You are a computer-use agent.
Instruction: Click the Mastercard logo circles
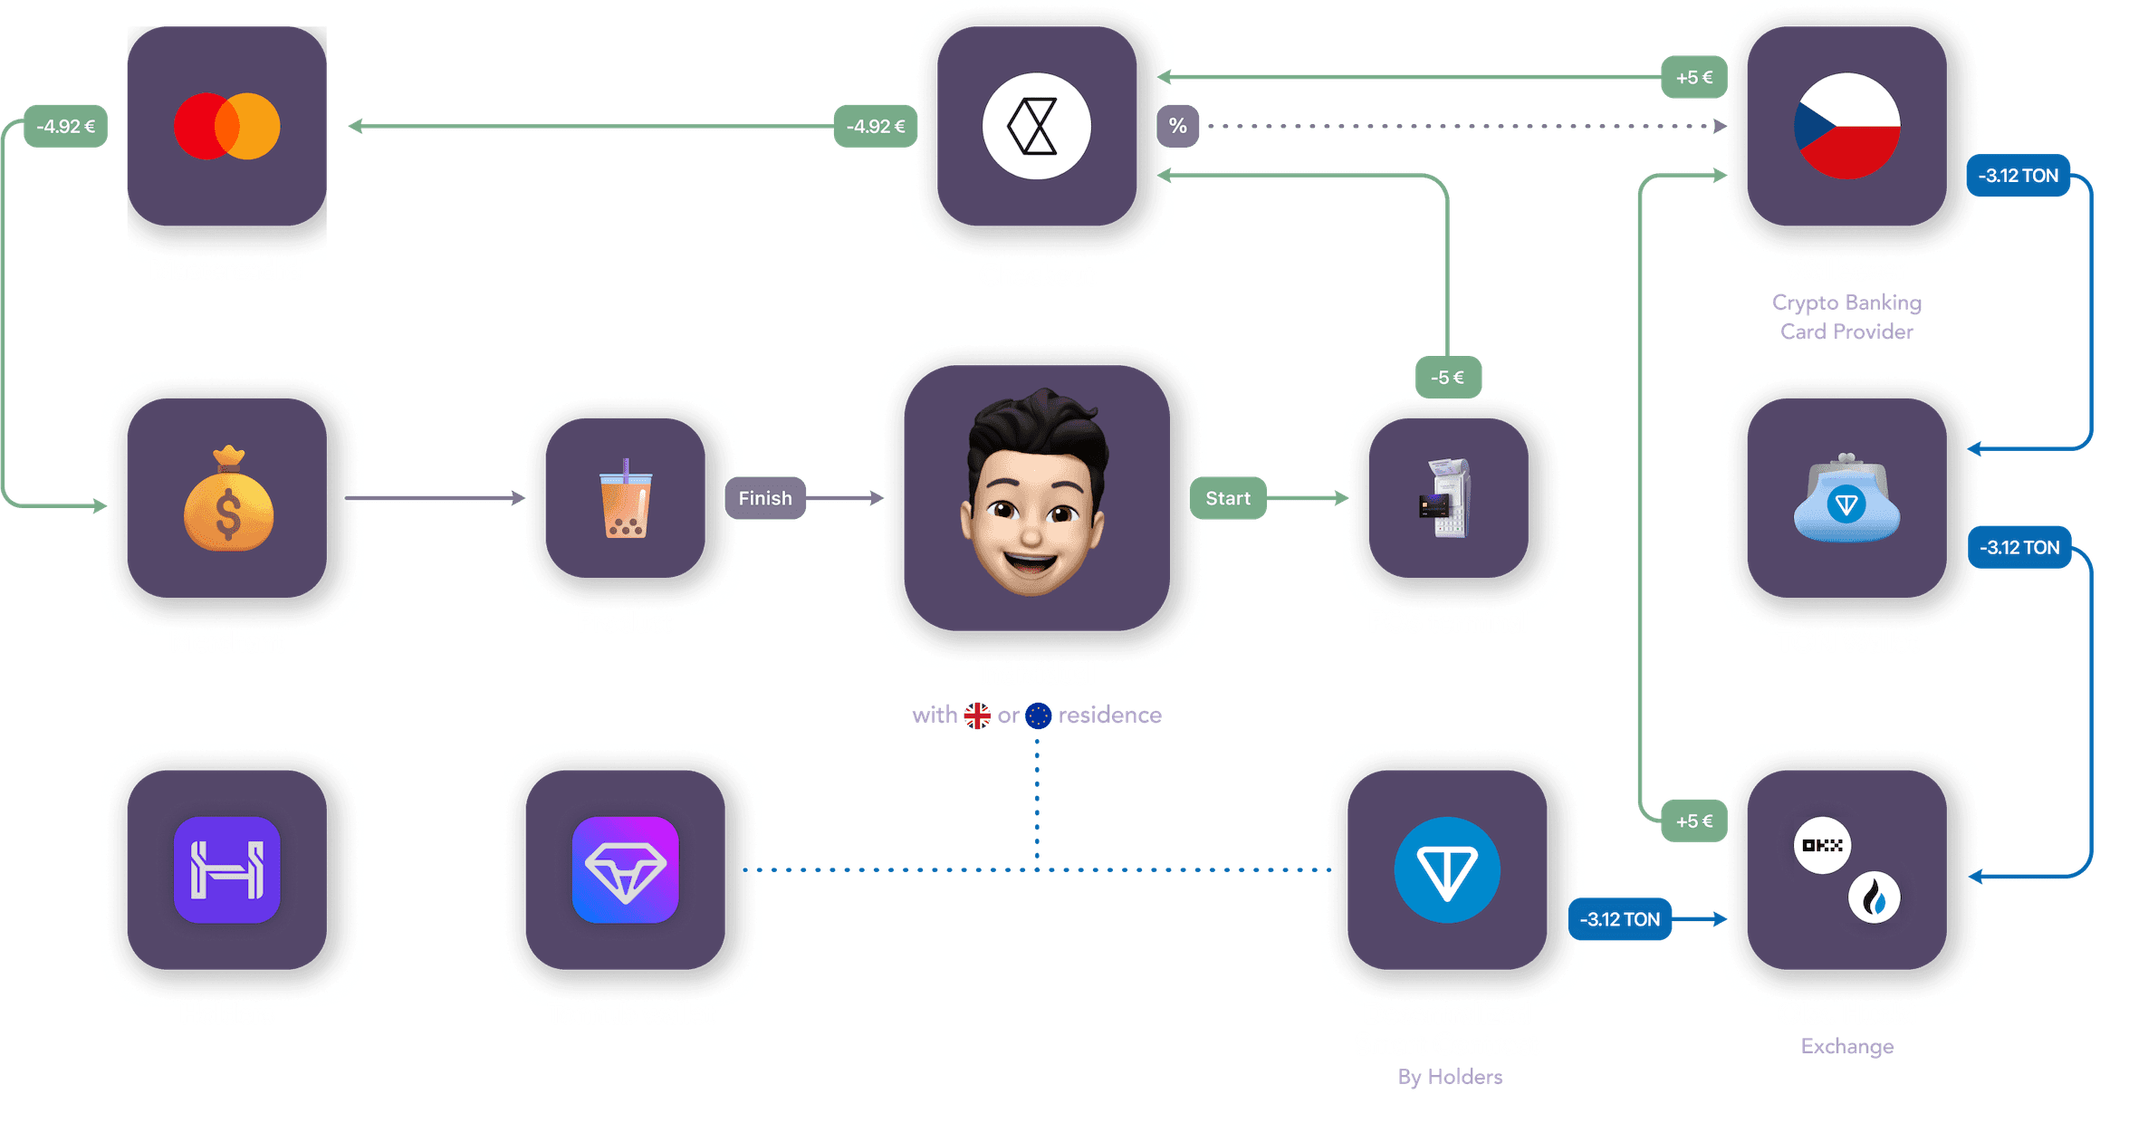pyautogui.click(x=226, y=126)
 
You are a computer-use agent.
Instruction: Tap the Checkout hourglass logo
pyautogui.click(x=1036, y=126)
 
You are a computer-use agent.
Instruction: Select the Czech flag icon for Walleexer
pyautogui.click(x=1846, y=126)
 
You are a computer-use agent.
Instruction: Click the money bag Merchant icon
pyautogui.click(x=227, y=499)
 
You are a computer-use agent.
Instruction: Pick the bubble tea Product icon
pyautogui.click(x=625, y=499)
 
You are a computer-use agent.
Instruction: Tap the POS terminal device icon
pyautogui.click(x=1448, y=499)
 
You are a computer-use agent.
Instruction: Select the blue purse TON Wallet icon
pyautogui.click(x=1846, y=501)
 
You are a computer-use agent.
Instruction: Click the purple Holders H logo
pyautogui.click(x=226, y=869)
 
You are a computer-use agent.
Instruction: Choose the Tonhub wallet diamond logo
pyautogui.click(x=625, y=869)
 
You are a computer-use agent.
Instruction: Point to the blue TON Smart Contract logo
pyautogui.click(x=1446, y=869)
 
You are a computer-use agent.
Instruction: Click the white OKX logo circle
pyautogui.click(x=1822, y=845)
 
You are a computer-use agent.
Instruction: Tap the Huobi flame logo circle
pyautogui.click(x=1874, y=897)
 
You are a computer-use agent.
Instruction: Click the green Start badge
pyautogui.click(x=1227, y=498)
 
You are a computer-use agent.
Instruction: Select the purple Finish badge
pyautogui.click(x=764, y=498)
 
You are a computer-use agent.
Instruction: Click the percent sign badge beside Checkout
pyautogui.click(x=1177, y=126)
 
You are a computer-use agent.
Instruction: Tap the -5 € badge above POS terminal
pyautogui.click(x=1447, y=377)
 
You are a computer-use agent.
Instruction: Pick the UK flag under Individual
pyautogui.click(x=977, y=715)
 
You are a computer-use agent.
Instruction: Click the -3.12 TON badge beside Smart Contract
pyautogui.click(x=1619, y=919)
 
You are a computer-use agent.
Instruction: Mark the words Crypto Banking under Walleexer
pyautogui.click(x=1846, y=302)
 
